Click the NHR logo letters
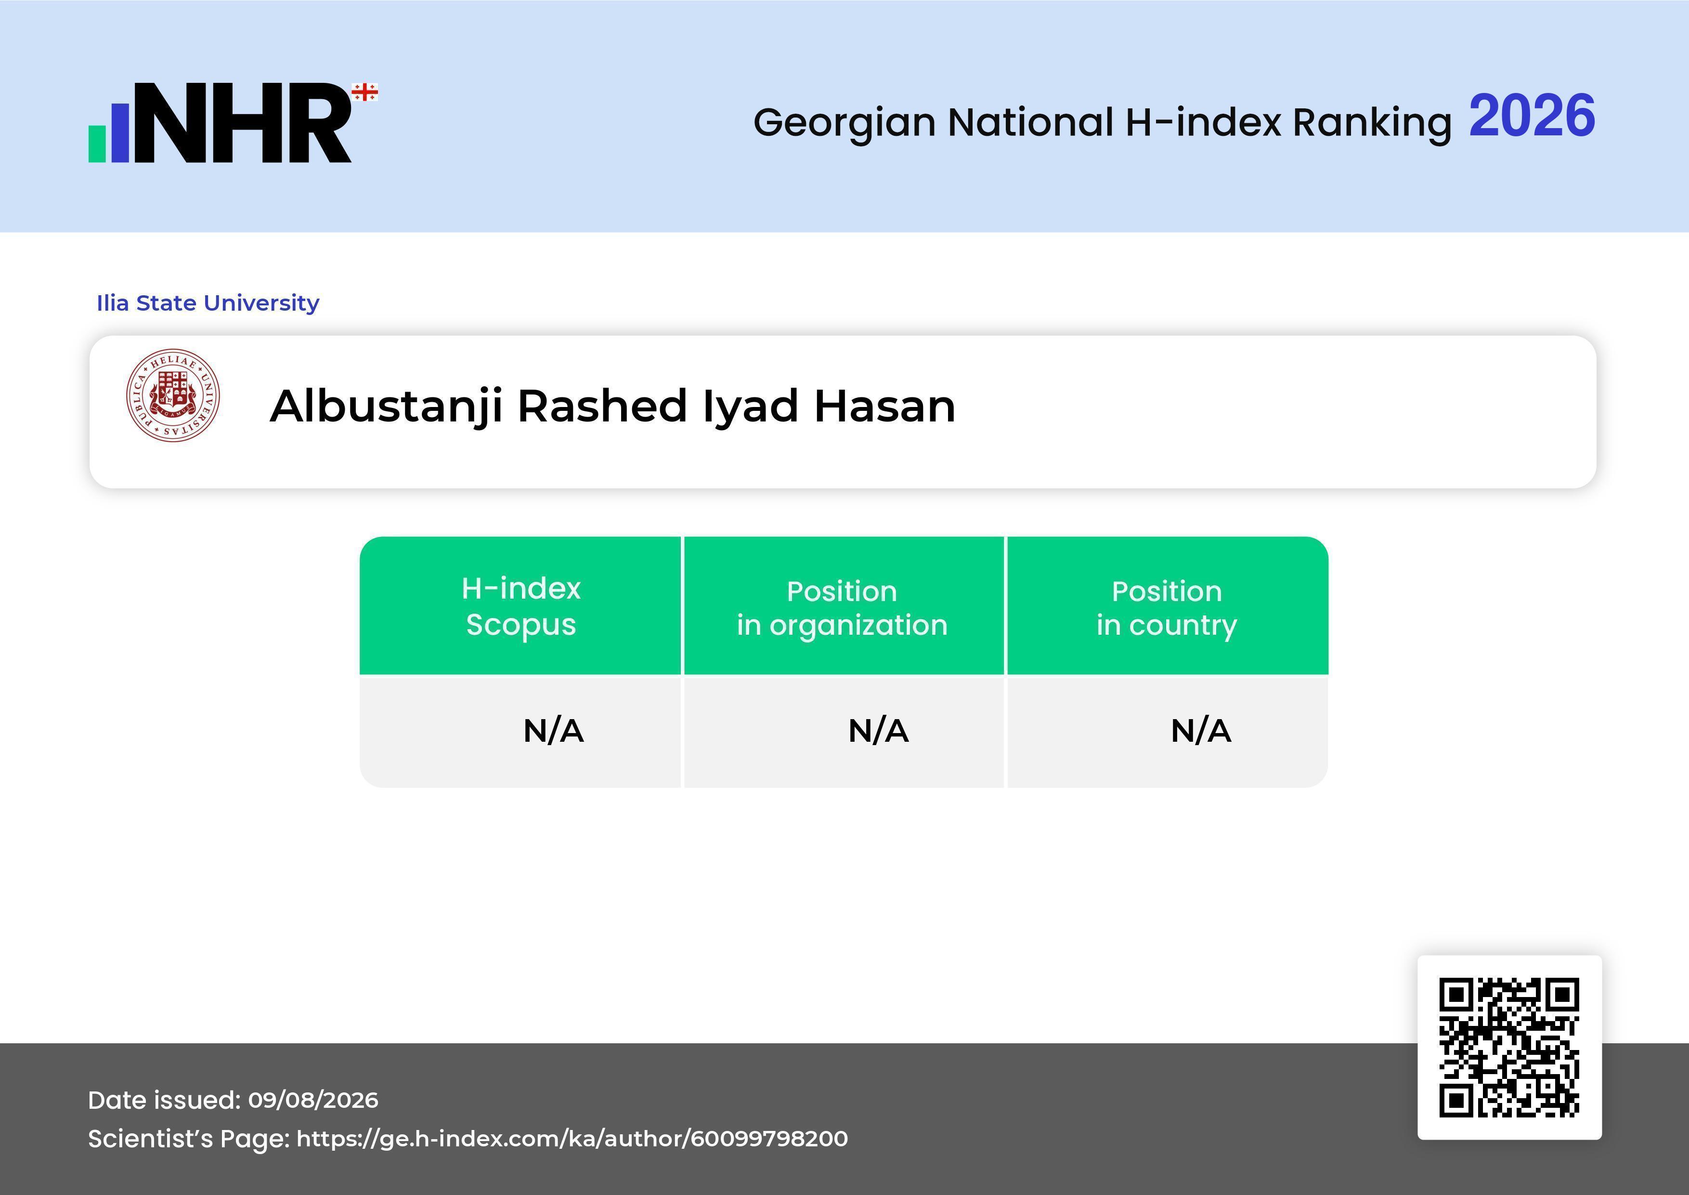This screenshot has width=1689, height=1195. tap(243, 122)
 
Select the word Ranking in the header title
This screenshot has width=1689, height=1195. tap(1372, 123)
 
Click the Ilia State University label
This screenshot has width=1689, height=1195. tap(208, 303)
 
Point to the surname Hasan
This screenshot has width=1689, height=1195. tap(884, 406)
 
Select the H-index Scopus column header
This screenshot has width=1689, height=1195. tap(521, 606)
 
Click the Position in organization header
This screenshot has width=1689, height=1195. tap(842, 608)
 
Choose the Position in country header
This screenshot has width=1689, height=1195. tap(1167, 608)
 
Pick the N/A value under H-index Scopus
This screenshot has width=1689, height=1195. tap(553, 731)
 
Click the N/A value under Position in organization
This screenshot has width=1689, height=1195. tap(878, 731)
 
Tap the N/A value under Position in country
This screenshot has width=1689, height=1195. tap(1200, 731)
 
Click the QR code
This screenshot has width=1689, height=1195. tap(1509, 1048)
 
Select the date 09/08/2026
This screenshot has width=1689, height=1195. tap(313, 1100)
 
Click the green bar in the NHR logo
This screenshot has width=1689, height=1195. tap(98, 144)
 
